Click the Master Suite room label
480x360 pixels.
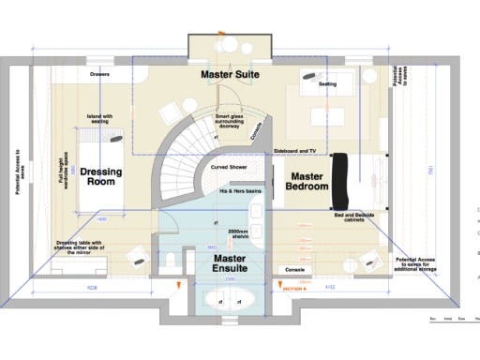coord(230,73)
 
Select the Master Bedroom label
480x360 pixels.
coord(307,182)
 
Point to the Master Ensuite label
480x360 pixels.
coord(229,262)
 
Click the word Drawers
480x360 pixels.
coord(100,73)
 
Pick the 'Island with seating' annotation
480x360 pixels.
coord(100,119)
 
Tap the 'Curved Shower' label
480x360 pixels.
coord(229,168)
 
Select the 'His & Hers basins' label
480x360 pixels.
coord(238,190)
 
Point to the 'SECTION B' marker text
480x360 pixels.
coord(296,289)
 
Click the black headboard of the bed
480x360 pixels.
coord(340,181)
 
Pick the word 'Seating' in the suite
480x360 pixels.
coord(328,83)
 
